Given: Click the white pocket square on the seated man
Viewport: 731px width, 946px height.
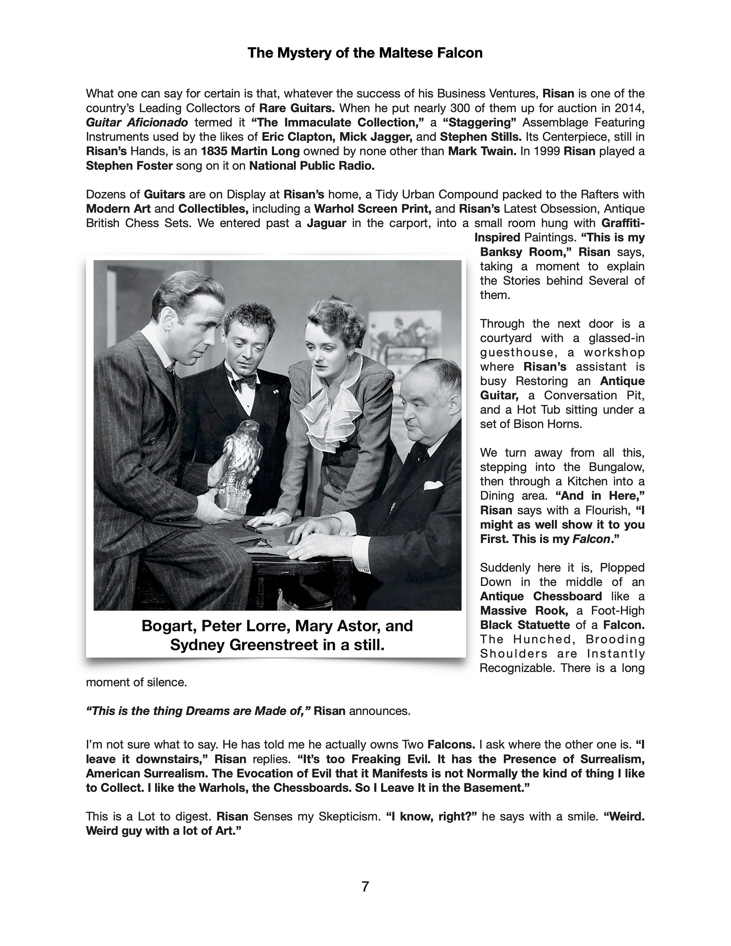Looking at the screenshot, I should coord(432,485).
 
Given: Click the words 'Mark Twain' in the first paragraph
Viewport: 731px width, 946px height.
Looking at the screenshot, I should coord(482,151).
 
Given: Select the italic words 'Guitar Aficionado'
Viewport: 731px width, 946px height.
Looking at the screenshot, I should coord(137,123).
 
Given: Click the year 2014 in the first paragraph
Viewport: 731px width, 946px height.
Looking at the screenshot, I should coord(630,108).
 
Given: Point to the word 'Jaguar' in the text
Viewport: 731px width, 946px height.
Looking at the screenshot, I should coord(326,223).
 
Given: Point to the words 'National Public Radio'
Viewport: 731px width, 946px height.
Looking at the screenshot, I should coord(312,166).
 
